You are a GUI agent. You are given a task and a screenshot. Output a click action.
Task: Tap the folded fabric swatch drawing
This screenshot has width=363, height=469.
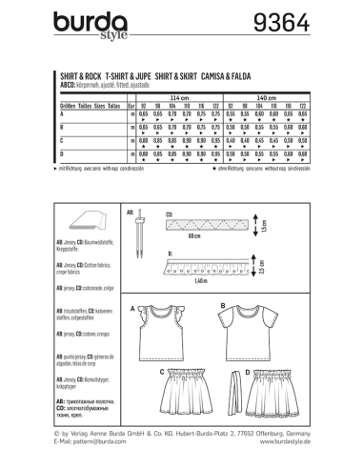[71, 225]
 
